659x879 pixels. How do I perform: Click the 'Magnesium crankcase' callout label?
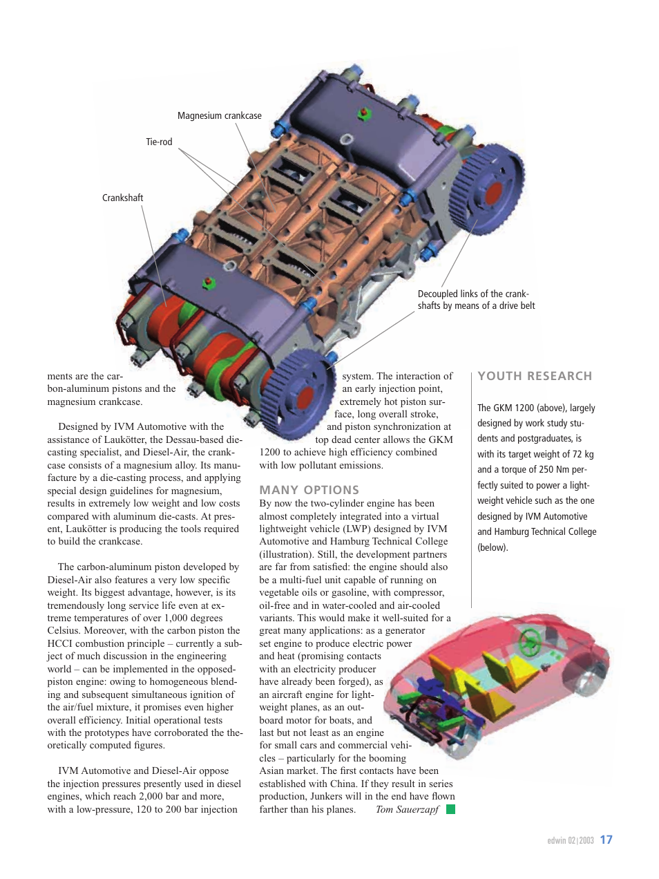point(219,116)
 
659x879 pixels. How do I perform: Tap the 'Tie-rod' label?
point(159,142)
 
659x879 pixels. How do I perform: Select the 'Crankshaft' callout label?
point(122,198)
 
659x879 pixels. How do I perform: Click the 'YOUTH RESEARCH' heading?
point(535,376)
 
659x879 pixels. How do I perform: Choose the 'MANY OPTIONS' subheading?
point(309,490)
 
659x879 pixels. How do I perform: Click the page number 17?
point(606,840)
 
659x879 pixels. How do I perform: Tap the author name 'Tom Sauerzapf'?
point(407,809)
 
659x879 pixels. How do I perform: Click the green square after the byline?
point(450,809)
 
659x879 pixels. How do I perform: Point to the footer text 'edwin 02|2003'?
point(570,841)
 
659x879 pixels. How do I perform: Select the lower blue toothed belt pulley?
point(298,396)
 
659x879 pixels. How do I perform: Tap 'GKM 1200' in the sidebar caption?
point(514,408)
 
